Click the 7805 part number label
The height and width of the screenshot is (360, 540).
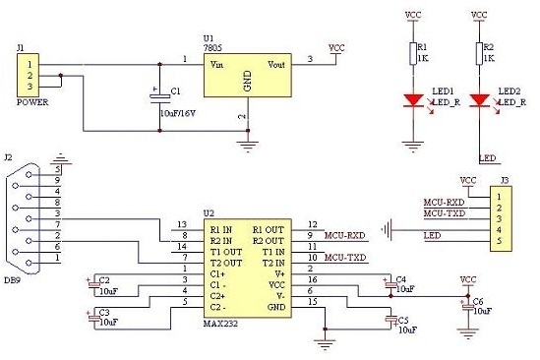click(212, 48)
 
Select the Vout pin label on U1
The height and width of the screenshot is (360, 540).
click(276, 64)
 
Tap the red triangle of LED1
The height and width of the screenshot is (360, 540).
click(413, 100)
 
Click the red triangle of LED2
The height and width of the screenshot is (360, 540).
click(479, 100)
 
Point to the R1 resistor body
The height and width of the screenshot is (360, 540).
click(413, 53)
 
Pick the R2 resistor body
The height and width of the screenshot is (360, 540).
click(479, 53)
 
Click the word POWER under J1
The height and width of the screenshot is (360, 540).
click(32, 102)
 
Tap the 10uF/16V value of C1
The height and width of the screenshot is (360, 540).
click(178, 113)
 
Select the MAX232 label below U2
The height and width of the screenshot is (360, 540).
click(220, 324)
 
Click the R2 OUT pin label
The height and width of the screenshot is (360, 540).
click(269, 241)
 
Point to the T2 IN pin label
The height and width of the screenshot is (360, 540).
click(273, 263)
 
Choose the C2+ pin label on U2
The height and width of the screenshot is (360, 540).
click(217, 296)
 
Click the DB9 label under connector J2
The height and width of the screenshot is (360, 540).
click(12, 280)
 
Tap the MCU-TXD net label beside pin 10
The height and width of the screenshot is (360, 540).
click(345, 258)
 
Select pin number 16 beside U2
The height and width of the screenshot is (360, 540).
click(313, 279)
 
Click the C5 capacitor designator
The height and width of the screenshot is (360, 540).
click(403, 321)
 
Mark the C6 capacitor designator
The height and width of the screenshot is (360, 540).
click(478, 301)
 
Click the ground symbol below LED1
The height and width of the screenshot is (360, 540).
click(412, 147)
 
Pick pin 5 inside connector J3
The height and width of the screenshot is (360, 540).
click(499, 241)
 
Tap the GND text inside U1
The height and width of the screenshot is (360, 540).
click(247, 81)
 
